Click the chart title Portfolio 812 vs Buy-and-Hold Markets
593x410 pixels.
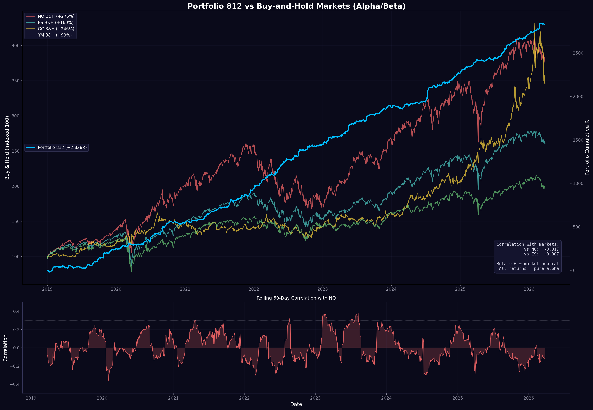(x=296, y=6)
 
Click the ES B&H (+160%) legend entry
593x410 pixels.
(x=55, y=23)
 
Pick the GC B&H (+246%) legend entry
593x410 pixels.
(x=56, y=29)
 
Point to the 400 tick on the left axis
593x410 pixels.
(x=15, y=45)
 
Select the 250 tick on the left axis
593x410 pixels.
(x=15, y=151)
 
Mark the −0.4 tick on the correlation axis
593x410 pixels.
(x=14, y=384)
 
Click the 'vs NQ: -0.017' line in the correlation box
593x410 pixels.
(x=541, y=249)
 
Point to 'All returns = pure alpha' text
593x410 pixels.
(x=529, y=268)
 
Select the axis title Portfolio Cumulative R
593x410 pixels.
(x=587, y=148)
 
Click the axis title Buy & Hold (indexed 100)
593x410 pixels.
(x=7, y=148)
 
